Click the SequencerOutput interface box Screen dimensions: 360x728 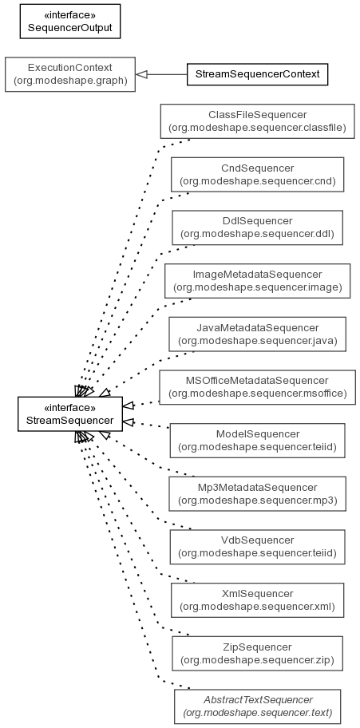70,22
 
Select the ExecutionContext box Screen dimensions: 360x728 70,74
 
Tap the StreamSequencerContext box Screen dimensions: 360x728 257,74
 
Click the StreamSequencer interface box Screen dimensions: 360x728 70,414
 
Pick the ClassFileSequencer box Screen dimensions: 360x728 257,121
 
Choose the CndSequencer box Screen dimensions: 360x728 257,175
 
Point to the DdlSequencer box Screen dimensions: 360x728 257,227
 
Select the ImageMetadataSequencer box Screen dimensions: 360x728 257,281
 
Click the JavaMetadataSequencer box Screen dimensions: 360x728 257,334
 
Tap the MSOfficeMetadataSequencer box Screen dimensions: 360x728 257,387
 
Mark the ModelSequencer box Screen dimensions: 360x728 257,441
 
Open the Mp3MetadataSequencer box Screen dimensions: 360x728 257,494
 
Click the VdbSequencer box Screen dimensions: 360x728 257,547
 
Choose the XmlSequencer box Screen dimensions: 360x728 257,600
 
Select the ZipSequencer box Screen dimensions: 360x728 257,653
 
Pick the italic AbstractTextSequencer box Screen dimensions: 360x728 257,706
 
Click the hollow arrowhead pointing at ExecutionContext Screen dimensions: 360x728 141,74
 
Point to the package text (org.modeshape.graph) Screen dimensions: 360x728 70,81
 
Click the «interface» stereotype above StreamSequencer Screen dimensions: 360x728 70,408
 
